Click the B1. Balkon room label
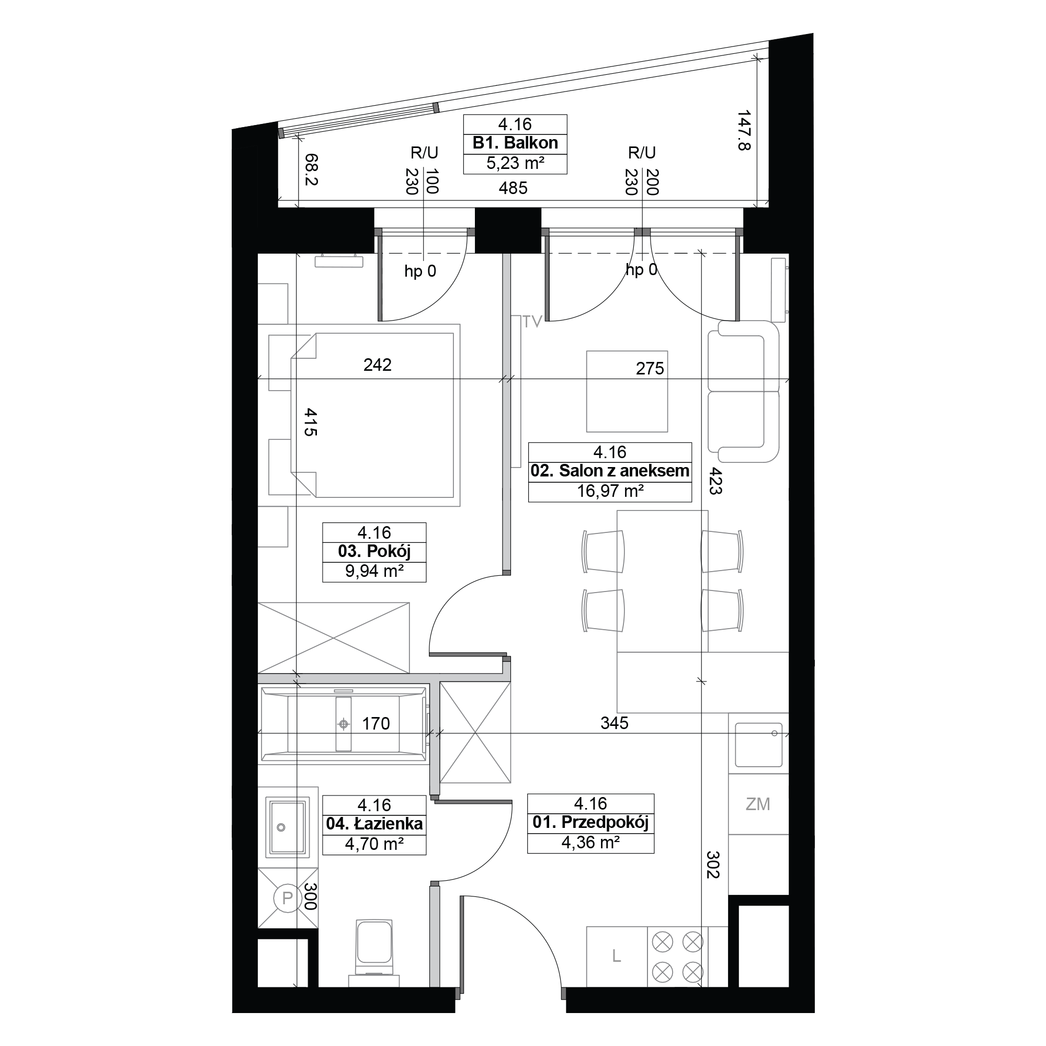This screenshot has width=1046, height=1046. click(515, 143)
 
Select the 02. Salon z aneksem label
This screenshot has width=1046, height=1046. click(610, 471)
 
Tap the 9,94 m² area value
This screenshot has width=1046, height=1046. click(374, 571)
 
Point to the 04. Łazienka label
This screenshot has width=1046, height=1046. click(374, 824)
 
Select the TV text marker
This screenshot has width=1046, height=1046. click(532, 322)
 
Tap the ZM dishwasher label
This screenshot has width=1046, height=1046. click(757, 804)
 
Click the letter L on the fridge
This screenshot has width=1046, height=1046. click(616, 957)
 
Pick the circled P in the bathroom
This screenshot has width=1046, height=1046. click(288, 897)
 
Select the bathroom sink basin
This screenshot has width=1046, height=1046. click(288, 827)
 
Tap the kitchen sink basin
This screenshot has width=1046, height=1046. click(758, 745)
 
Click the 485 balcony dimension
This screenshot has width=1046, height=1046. click(513, 188)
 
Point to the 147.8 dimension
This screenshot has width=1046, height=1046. click(744, 130)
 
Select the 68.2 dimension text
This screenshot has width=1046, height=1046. click(311, 169)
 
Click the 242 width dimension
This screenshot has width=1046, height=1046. click(378, 365)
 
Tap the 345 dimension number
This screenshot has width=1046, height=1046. click(615, 722)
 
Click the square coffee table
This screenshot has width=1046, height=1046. click(627, 391)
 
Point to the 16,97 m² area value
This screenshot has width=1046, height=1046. click(610, 491)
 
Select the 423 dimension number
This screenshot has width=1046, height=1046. click(715, 481)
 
